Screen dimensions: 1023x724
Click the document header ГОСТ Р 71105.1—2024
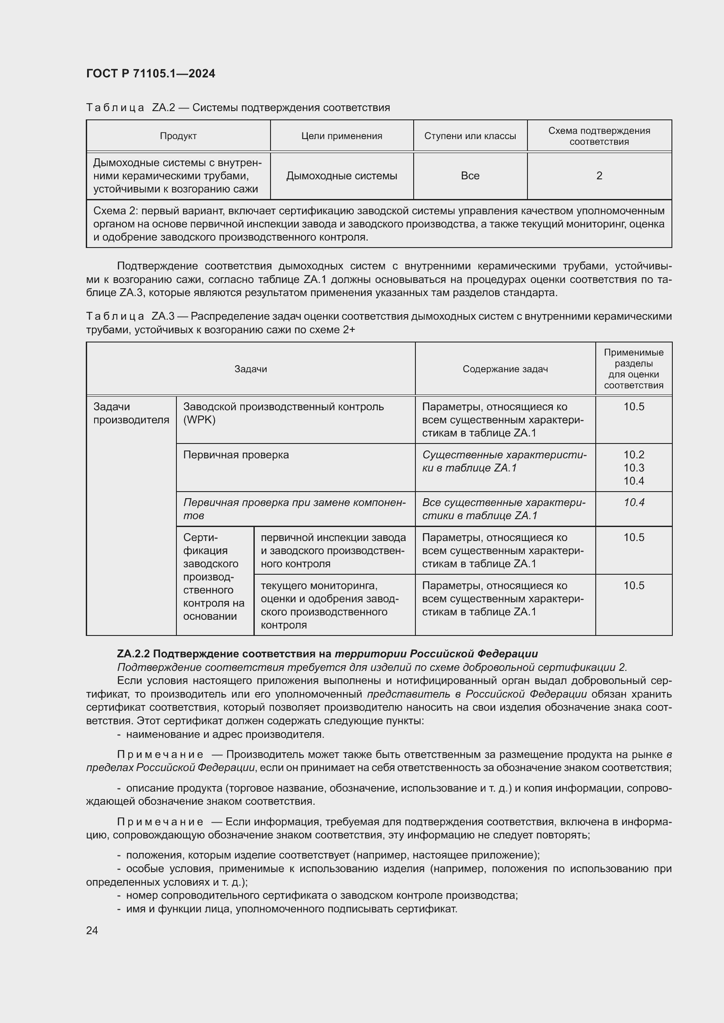pyautogui.click(x=150, y=73)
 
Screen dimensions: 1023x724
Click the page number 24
pyautogui.click(x=92, y=930)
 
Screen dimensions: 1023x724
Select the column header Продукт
pyautogui.click(x=178, y=136)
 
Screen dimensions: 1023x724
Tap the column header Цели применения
pyautogui.click(x=341, y=136)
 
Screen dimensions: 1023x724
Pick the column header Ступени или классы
pyautogui.click(x=470, y=136)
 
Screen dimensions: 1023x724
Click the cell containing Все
pyautogui.click(x=470, y=175)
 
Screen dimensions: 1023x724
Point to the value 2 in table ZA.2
pyautogui.click(x=599, y=175)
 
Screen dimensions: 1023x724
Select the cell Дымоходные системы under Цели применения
pyautogui.click(x=341, y=175)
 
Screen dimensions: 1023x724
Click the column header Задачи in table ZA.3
pyautogui.click(x=250, y=369)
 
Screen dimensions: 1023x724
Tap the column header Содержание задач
pyautogui.click(x=505, y=369)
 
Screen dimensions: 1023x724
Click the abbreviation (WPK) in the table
pyautogui.click(x=199, y=420)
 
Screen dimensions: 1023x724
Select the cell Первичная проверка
pyautogui.click(x=236, y=455)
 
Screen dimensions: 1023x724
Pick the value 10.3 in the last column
pyautogui.click(x=633, y=468)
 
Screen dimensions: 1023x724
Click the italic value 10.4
pyautogui.click(x=633, y=503)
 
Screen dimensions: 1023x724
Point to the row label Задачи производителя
pyautogui.click(x=131, y=413)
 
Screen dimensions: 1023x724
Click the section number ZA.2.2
pyautogui.click(x=134, y=653)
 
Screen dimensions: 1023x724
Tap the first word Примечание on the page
pyautogui.click(x=160, y=754)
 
